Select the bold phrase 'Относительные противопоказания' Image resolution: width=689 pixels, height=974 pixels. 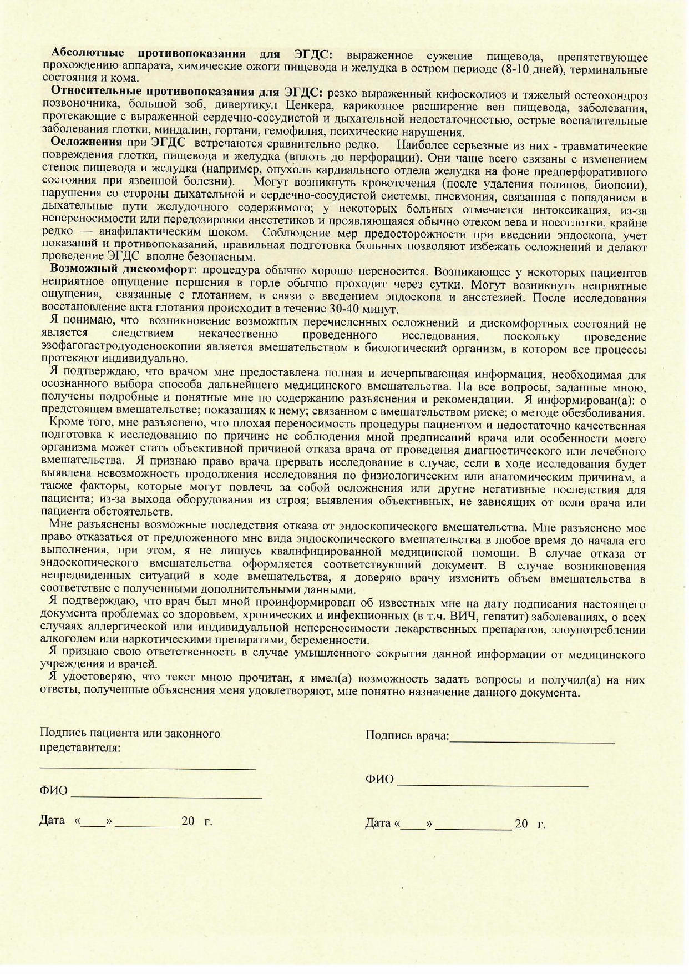click(x=153, y=91)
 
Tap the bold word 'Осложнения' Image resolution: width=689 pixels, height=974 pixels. click(x=86, y=142)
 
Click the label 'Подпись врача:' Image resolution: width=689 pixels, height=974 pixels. click(x=407, y=735)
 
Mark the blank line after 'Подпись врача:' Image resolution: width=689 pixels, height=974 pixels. click(x=533, y=741)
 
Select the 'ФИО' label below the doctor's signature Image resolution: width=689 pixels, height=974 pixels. click(x=379, y=779)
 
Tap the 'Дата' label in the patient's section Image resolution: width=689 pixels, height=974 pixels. click(x=52, y=820)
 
